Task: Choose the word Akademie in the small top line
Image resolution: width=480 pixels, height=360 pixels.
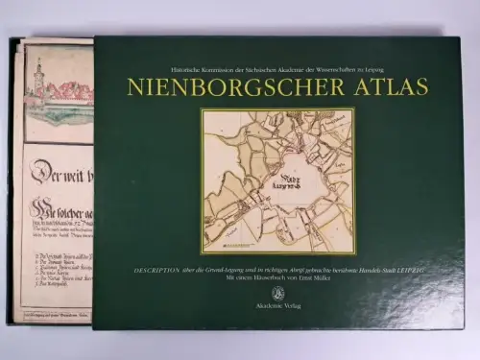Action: (x=299, y=69)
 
